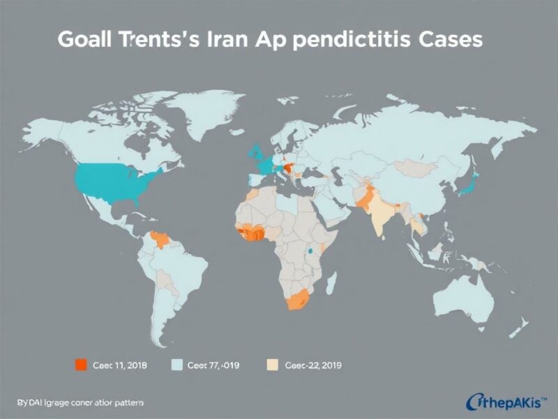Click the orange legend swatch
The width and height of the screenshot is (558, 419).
(80, 364)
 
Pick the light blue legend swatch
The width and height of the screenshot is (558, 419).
(177, 364)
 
